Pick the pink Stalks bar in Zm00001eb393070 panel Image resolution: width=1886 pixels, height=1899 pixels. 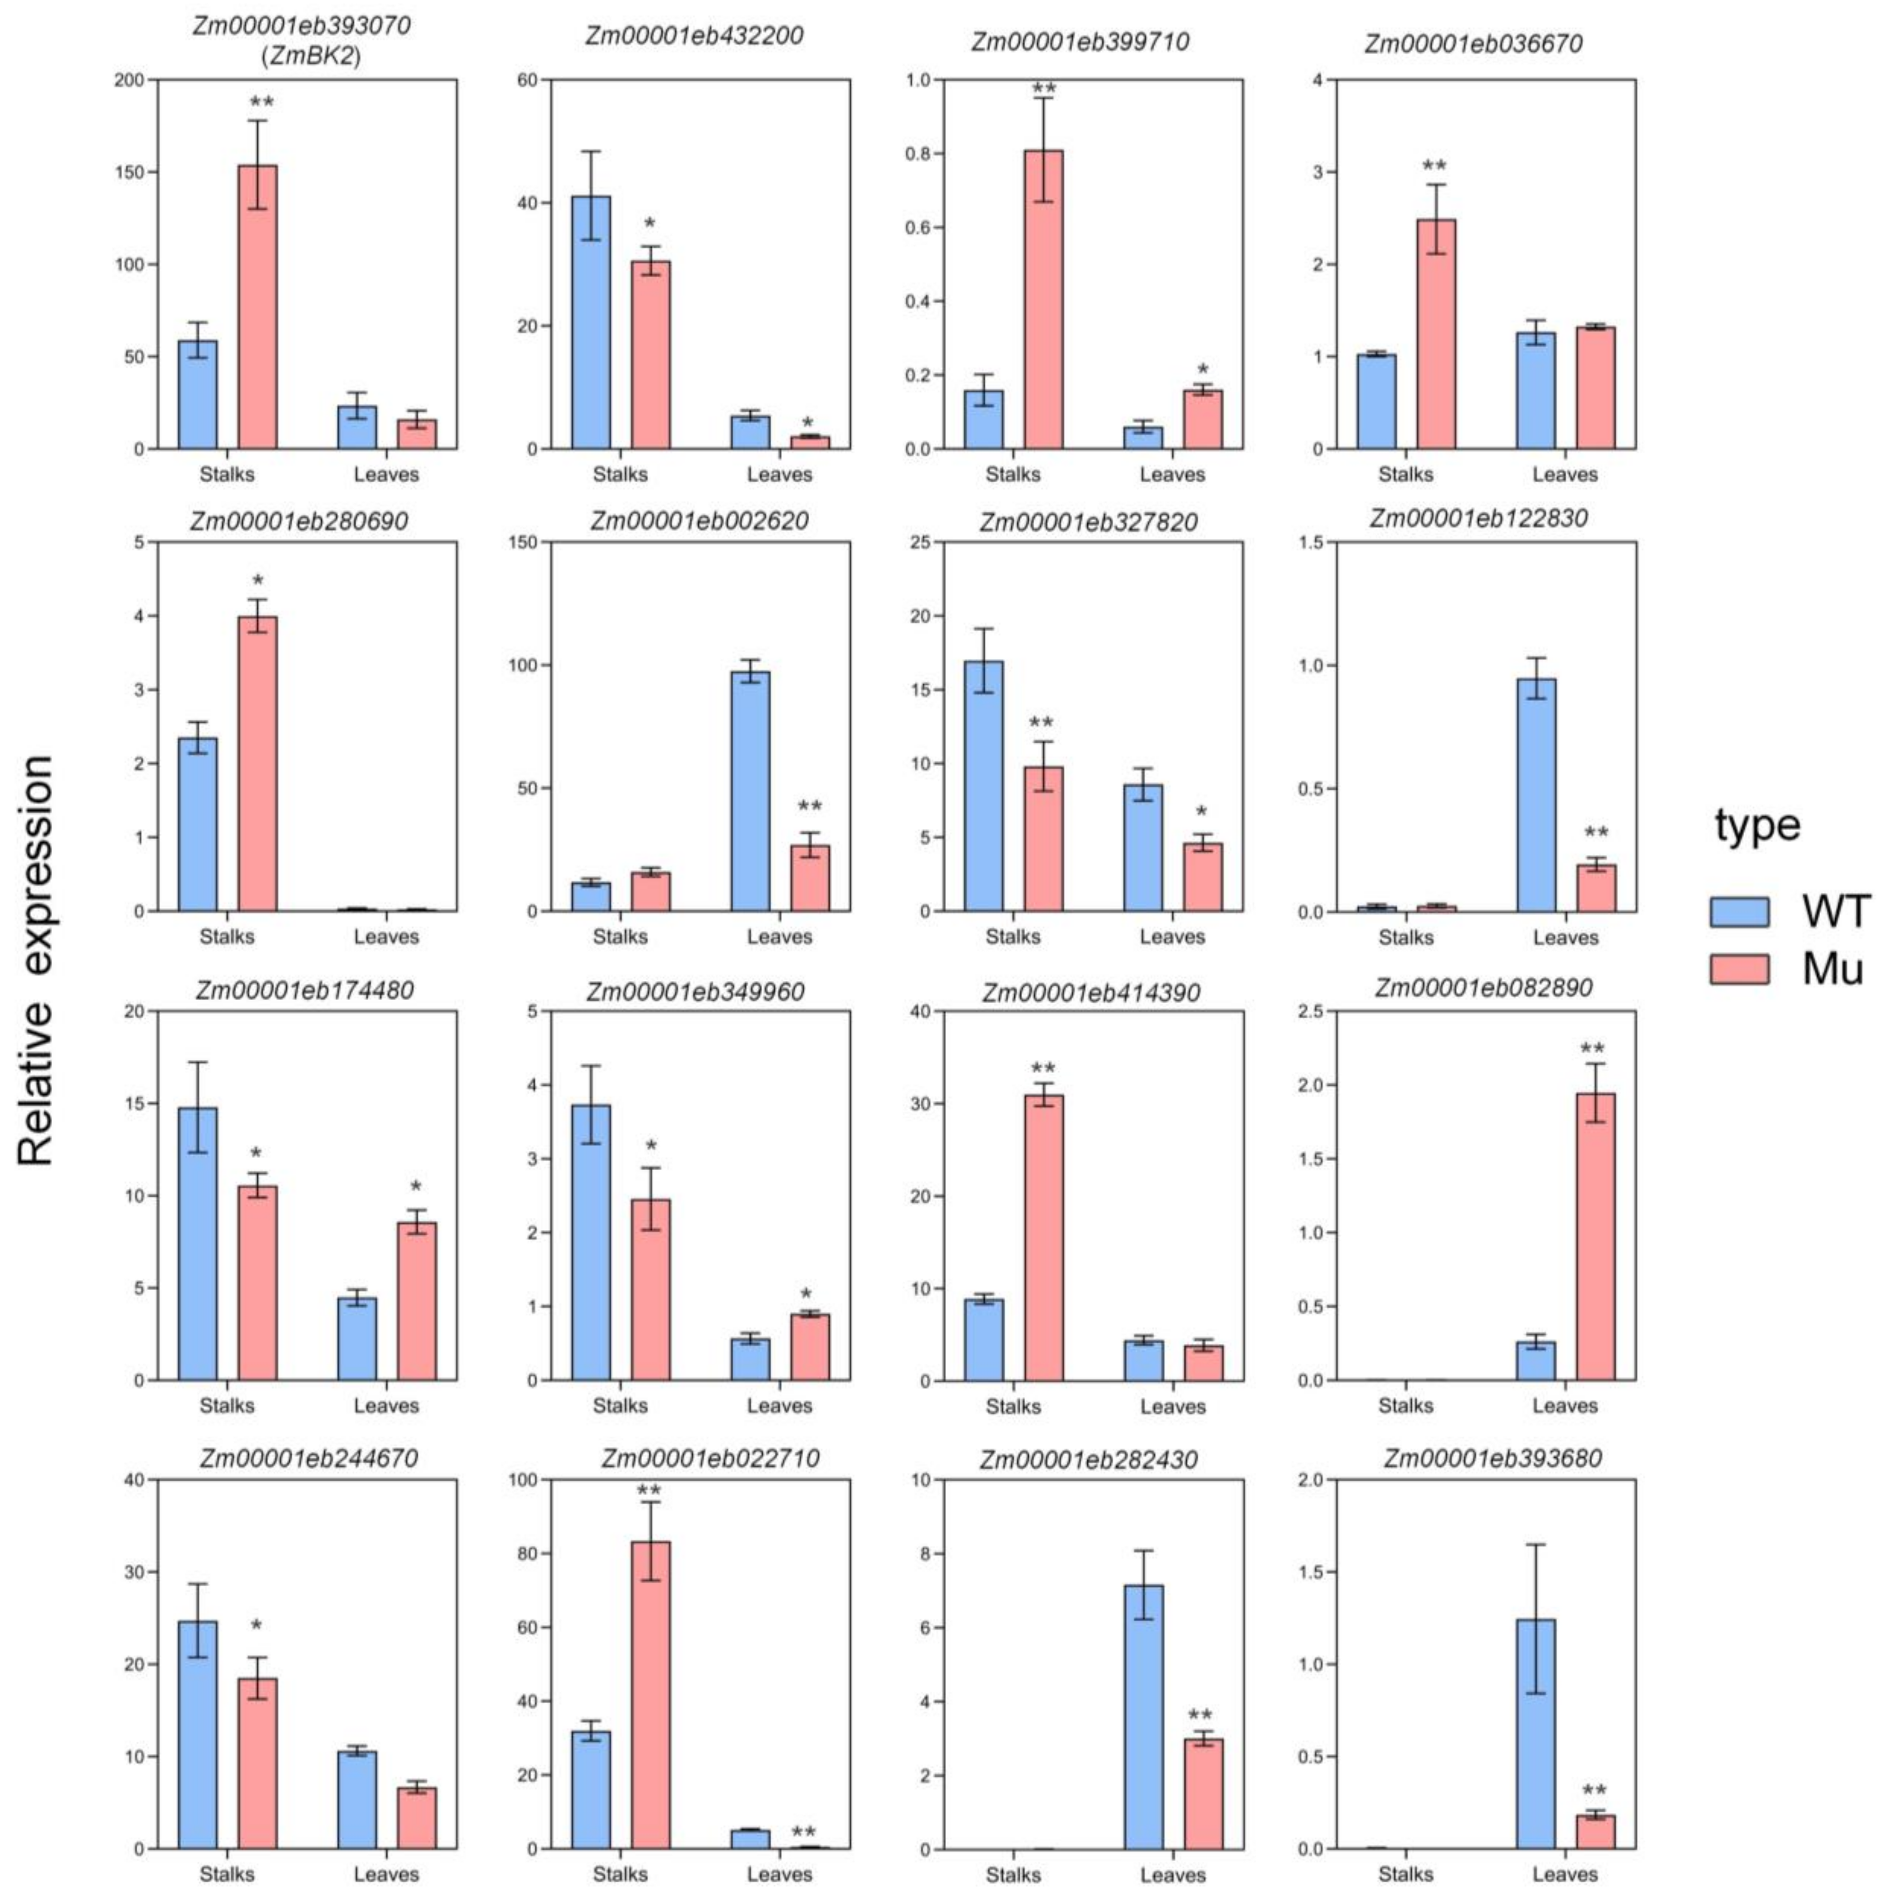258,307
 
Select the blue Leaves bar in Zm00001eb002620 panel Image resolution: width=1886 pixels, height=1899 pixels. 750,791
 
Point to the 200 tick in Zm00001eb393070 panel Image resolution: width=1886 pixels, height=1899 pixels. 129,79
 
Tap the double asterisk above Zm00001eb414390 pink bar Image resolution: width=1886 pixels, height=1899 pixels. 1043,1068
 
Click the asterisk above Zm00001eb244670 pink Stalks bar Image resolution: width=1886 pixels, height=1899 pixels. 257,1627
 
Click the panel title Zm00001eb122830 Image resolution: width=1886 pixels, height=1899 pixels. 1478,518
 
